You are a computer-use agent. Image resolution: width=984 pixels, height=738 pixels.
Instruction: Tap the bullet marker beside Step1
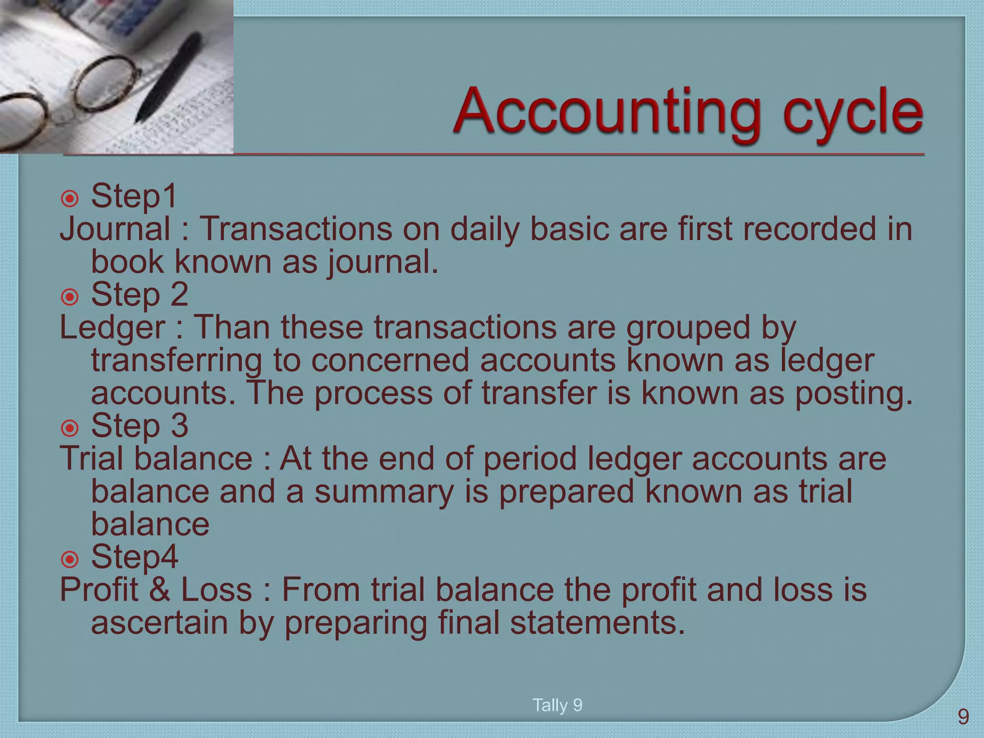click(x=70, y=198)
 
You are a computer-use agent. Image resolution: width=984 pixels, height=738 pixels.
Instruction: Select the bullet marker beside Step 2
click(x=70, y=297)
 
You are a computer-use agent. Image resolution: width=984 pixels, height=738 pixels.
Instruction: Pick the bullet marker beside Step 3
click(x=70, y=428)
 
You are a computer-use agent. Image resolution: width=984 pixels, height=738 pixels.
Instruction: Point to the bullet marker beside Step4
click(x=70, y=559)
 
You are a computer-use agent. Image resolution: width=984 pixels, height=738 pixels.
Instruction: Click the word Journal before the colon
click(x=115, y=229)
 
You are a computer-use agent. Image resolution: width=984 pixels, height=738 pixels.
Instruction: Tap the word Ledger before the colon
click(x=112, y=328)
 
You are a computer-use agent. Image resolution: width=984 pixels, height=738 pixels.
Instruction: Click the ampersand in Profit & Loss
click(x=160, y=590)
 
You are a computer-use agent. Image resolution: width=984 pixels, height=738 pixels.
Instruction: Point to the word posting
click(x=853, y=394)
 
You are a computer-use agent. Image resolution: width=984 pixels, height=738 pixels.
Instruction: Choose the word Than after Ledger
click(x=232, y=328)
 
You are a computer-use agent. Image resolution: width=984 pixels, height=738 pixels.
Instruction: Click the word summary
click(x=384, y=492)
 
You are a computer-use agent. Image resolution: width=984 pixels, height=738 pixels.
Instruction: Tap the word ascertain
click(x=159, y=623)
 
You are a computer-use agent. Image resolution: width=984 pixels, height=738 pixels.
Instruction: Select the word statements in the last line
click(x=597, y=623)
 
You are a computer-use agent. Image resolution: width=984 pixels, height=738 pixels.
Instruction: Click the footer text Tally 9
click(x=557, y=705)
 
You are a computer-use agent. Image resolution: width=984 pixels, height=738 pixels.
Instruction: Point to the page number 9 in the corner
click(x=963, y=717)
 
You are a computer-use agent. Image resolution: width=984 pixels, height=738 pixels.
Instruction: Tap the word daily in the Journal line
click(x=485, y=229)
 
